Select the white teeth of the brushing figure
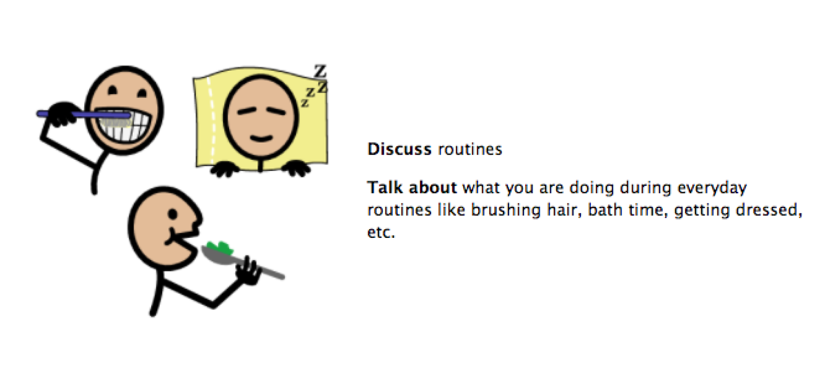coord(124,125)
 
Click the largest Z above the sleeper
coord(320,71)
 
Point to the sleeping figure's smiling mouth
coord(261,138)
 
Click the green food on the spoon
coord(220,248)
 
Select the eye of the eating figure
coord(172,214)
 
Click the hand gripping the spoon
coord(248,271)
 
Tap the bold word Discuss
coord(399,149)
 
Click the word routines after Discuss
coord(469,150)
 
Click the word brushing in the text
coord(506,211)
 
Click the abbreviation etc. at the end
coord(381,233)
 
